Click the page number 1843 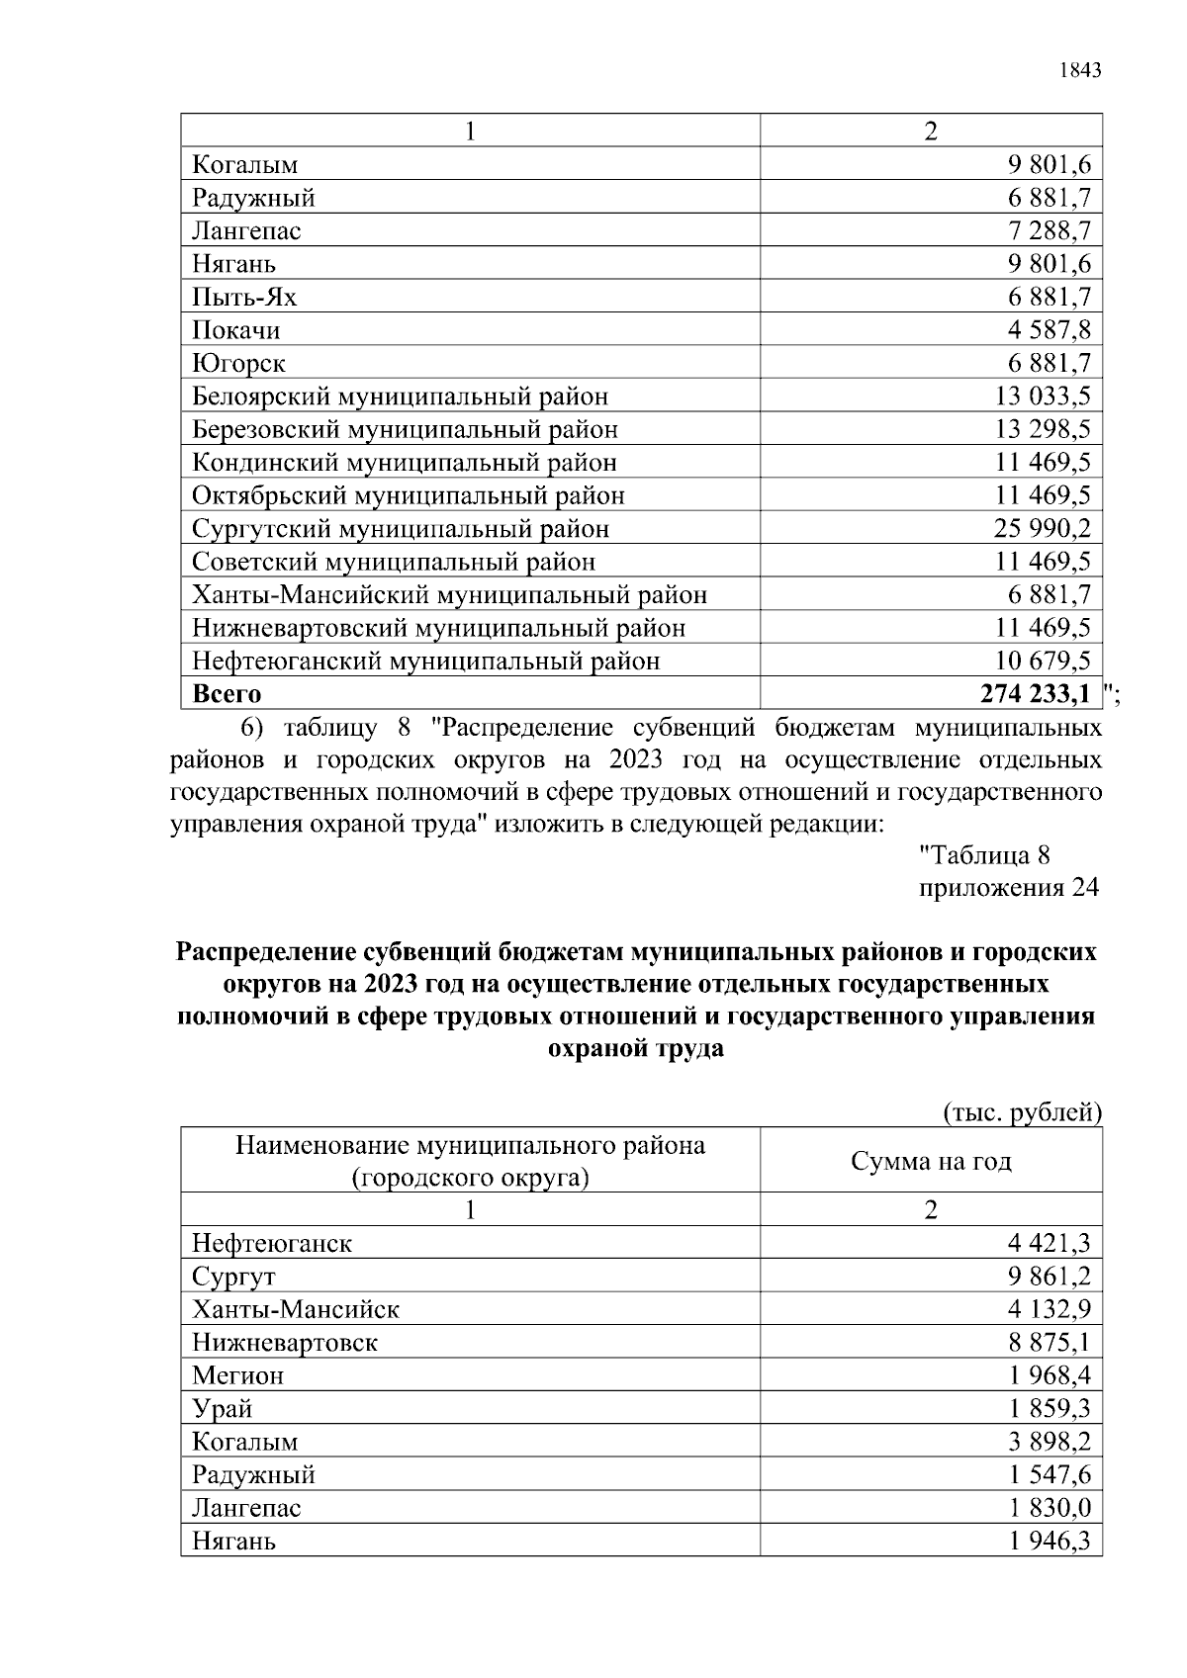[x=1079, y=70]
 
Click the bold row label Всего [x=227, y=694]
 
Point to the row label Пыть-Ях [x=243, y=298]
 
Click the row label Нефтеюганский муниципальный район [x=425, y=661]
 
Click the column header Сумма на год [x=931, y=1161]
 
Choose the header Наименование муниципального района [x=470, y=1146]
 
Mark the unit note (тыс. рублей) [x=1022, y=1112]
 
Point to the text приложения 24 [x=1008, y=888]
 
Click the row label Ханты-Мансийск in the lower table [x=295, y=1310]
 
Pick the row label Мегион [x=237, y=1375]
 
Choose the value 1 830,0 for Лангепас [x=1050, y=1508]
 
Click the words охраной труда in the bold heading [x=635, y=1048]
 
